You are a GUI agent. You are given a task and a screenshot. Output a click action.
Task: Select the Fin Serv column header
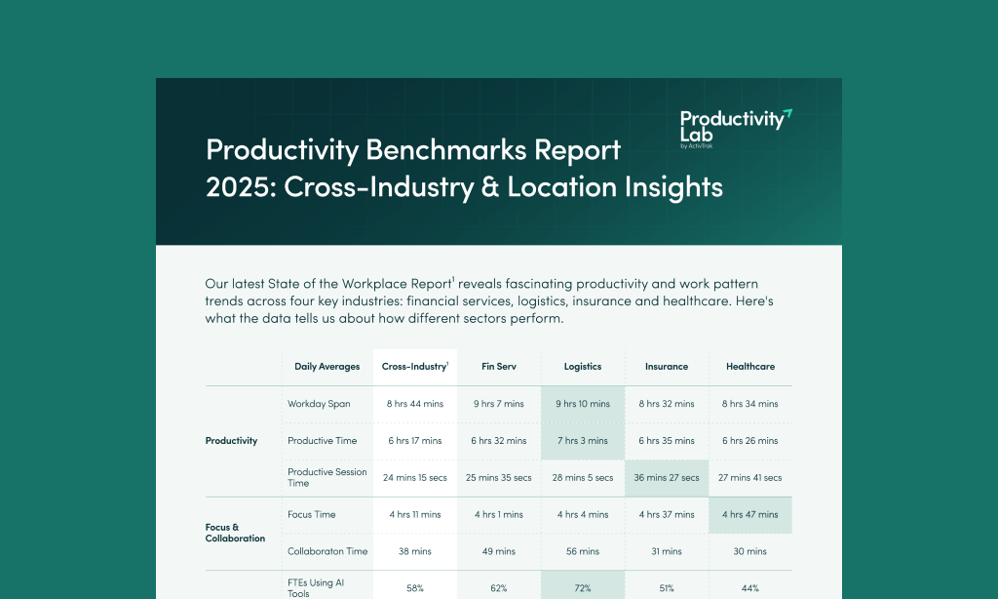point(498,367)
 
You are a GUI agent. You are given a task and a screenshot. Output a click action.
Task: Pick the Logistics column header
point(583,367)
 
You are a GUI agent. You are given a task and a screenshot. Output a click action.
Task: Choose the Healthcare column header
point(750,367)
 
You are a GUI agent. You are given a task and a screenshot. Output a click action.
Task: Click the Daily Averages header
point(327,367)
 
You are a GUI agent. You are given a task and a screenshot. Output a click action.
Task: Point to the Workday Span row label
point(319,404)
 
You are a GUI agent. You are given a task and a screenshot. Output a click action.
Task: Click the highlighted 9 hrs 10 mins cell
point(583,404)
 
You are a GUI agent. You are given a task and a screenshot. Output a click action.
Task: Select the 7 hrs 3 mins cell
point(583,441)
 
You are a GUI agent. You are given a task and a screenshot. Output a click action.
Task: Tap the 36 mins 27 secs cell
point(667,478)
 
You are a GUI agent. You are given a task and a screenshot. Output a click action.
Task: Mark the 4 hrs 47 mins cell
point(750,514)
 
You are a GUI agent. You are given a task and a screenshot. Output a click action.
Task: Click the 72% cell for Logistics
point(583,588)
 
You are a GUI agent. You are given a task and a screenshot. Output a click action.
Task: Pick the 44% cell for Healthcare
point(750,588)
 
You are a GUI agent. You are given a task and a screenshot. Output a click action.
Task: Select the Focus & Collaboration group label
point(235,533)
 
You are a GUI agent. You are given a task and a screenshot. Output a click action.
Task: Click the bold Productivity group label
point(232,441)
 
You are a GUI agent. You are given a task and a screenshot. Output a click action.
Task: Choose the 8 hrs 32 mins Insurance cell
point(667,404)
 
